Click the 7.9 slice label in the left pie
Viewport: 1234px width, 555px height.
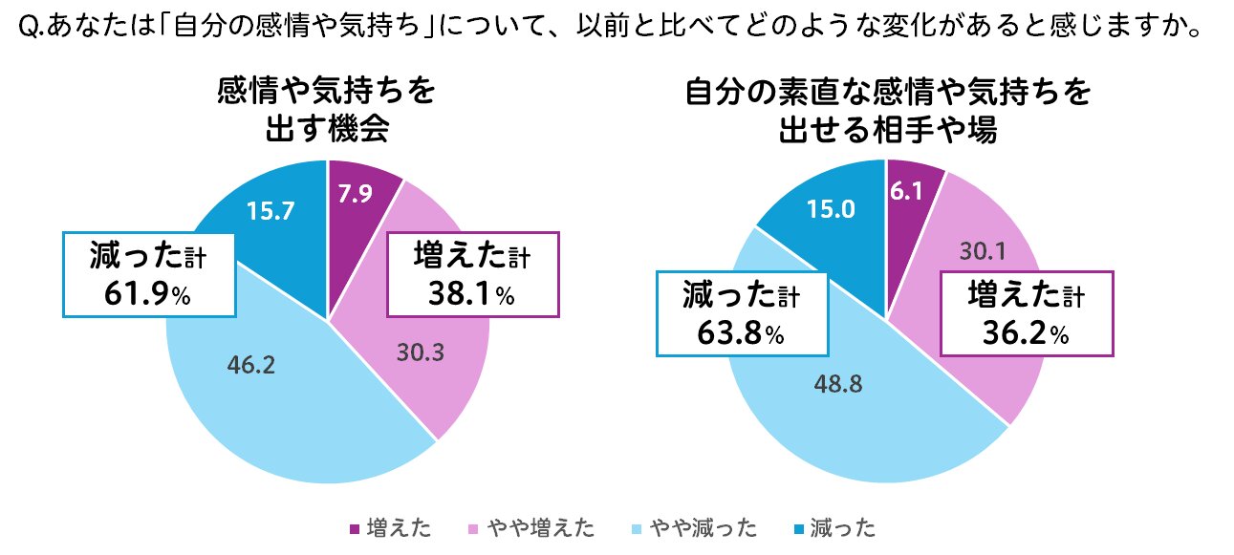click(356, 194)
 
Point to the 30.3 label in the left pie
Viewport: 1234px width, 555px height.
click(419, 352)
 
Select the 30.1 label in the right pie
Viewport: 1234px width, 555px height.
click(985, 251)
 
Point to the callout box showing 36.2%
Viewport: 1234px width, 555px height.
click(1027, 312)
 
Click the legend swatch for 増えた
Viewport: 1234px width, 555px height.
click(355, 528)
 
